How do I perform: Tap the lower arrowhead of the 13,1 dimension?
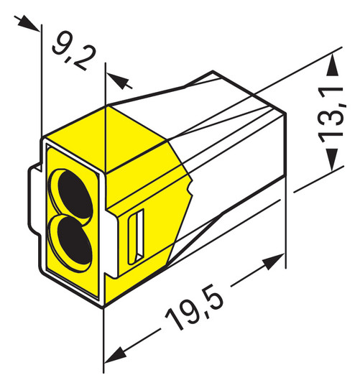(332, 166)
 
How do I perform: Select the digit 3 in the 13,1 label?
(332, 127)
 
